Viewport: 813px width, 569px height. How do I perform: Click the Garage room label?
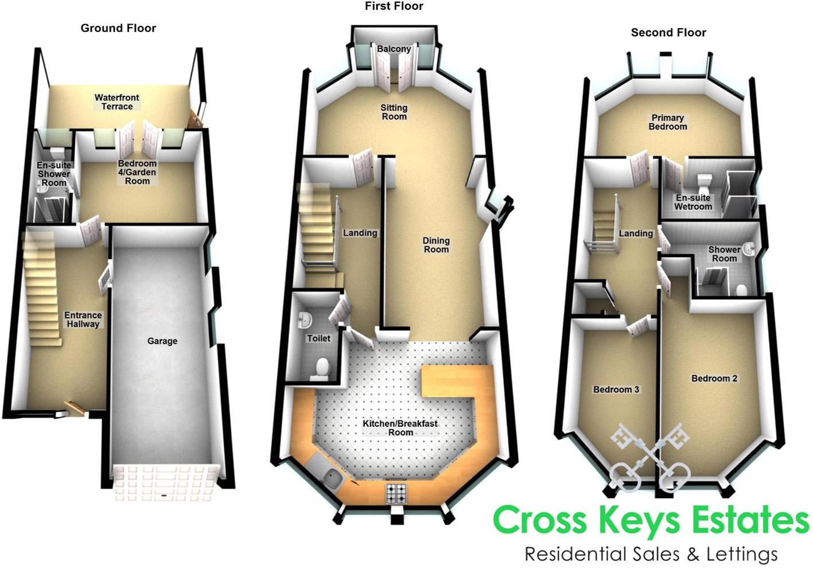pos(162,341)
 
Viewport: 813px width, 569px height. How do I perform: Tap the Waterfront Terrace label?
pos(117,102)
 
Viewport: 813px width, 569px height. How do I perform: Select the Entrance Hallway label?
pos(83,319)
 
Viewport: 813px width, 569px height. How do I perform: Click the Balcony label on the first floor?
pos(394,49)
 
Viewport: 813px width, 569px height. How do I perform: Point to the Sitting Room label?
pos(394,112)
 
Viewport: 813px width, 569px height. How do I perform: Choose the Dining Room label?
pos(436,245)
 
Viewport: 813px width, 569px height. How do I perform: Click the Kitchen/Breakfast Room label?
pos(400,428)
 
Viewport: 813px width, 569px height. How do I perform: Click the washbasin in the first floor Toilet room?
pos(304,321)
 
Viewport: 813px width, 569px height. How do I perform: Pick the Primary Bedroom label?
pos(668,122)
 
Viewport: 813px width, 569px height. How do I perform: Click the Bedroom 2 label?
pos(714,379)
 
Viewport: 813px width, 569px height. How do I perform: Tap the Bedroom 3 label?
pos(616,389)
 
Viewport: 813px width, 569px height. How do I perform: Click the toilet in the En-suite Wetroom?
pos(704,182)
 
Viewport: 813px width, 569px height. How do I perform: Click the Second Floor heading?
pos(668,33)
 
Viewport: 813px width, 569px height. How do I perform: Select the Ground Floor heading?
pos(118,28)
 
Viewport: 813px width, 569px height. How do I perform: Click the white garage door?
pos(165,482)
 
